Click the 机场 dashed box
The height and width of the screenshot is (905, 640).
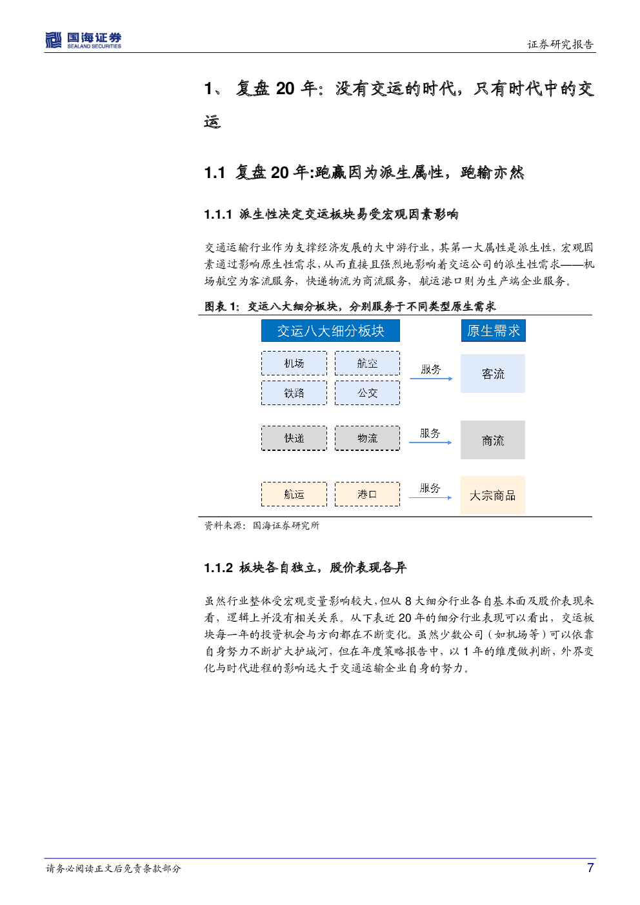[x=294, y=363]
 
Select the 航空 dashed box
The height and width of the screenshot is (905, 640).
[x=367, y=363]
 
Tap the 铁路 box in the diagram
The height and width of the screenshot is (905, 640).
[x=294, y=393]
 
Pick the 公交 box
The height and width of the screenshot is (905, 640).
[x=367, y=393]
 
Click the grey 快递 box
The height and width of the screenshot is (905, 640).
[x=294, y=438]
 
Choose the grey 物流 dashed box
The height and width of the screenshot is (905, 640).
[x=367, y=438]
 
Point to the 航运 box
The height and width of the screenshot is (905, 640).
[x=294, y=493]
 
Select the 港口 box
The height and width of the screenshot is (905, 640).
[x=367, y=493]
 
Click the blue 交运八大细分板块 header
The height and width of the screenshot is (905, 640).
[x=330, y=330]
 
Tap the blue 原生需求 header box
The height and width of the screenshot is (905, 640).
[x=494, y=330]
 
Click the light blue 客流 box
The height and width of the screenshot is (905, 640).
[x=493, y=373]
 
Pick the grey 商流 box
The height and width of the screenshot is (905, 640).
[x=493, y=439]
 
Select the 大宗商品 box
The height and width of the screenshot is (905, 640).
[x=493, y=495]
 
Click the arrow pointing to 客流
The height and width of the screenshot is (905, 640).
[x=431, y=379]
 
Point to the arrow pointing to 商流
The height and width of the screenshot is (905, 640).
[x=430, y=443]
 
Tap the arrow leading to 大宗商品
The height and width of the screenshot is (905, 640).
[x=430, y=497]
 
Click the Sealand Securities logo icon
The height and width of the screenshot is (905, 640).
[x=54, y=40]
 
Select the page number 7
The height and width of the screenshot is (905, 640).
[x=590, y=868]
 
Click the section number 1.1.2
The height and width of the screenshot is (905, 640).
[x=218, y=568]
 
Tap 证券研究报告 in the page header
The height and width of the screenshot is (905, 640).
[x=561, y=44]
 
